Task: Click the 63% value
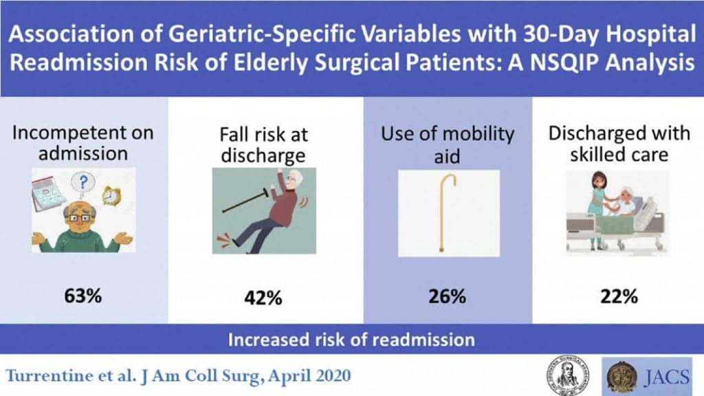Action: click(83, 296)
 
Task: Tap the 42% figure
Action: click(263, 298)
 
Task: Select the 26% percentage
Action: click(447, 296)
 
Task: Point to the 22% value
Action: click(619, 296)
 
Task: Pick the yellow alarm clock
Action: click(111, 195)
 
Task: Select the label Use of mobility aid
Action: click(447, 144)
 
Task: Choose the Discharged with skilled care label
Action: click(619, 144)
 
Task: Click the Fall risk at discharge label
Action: click(263, 145)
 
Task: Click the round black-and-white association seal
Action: click(568, 376)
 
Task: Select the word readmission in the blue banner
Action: click(423, 340)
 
